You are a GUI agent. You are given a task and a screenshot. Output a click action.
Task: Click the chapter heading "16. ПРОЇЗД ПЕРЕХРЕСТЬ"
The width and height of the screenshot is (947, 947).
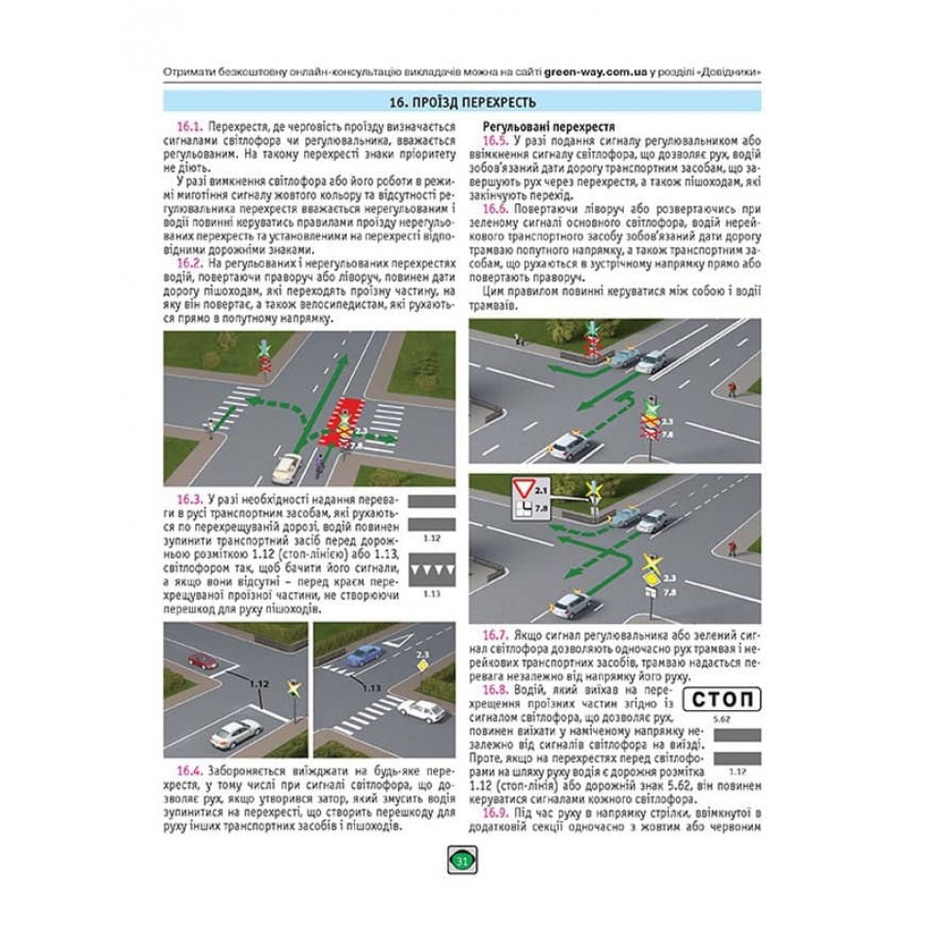coord(463,103)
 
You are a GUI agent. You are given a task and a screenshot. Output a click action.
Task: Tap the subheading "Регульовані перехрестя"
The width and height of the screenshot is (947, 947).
coord(536,126)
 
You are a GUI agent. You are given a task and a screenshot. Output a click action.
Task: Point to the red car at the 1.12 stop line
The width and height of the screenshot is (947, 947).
coord(202,661)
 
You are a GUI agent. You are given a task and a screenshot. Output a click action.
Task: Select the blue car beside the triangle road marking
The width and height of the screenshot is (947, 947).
coord(364,654)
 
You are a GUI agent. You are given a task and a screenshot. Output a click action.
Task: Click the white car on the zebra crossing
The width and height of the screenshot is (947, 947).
coord(421,709)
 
